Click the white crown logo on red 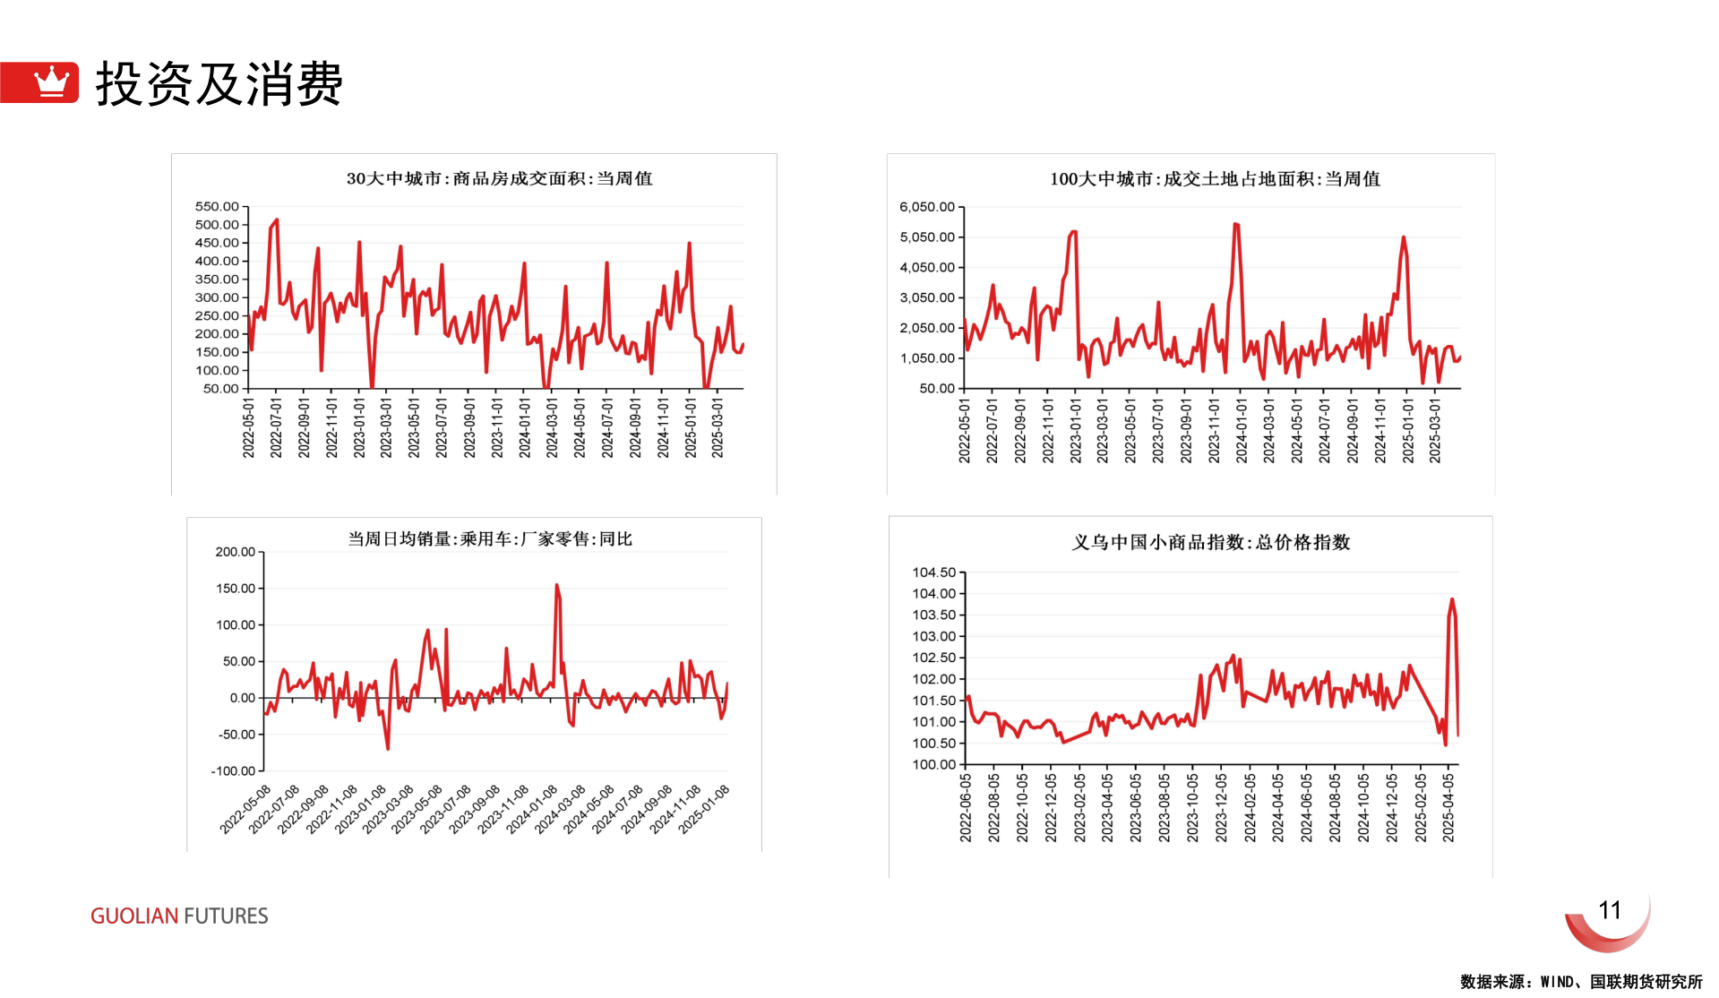(51, 82)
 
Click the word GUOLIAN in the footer (134, 916)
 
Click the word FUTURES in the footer (226, 916)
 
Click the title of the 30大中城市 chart (499, 178)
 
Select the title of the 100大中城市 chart (1215, 179)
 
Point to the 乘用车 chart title (490, 538)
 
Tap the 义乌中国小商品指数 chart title (1211, 542)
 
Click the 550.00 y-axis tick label (217, 206)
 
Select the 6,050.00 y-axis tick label (927, 207)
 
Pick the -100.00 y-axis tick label (233, 770)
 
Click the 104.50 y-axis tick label (934, 572)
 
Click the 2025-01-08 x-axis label (705, 808)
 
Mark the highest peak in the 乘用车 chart (556, 586)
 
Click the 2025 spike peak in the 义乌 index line (1452, 599)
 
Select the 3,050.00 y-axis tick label (927, 297)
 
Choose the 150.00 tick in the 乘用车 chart (236, 589)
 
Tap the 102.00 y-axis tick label (934, 679)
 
